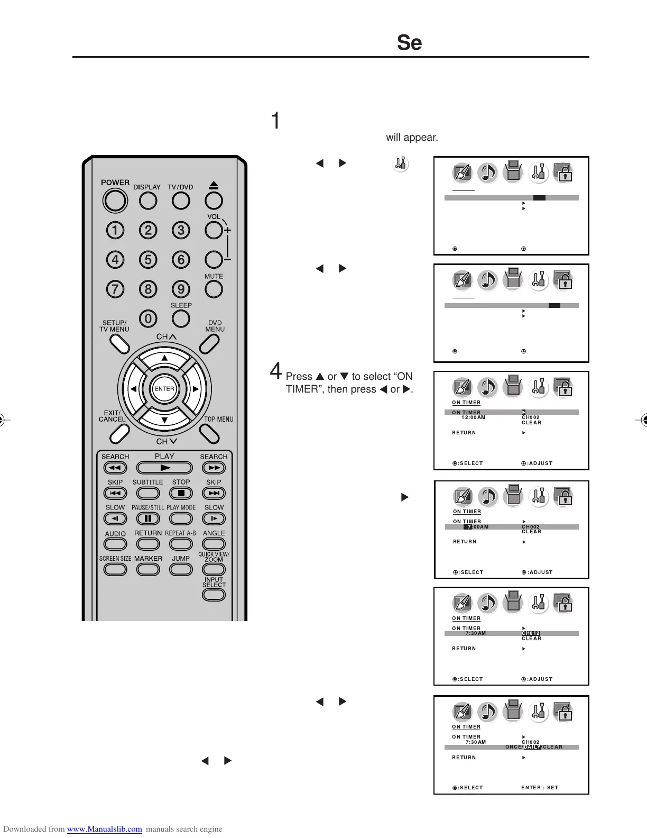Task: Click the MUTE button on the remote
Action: (214, 289)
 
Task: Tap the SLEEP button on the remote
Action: (181, 318)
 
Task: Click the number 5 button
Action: (148, 260)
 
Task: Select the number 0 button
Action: (148, 318)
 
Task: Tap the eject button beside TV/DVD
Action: (214, 201)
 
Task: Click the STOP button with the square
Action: (181, 493)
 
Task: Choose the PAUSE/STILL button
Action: (148, 518)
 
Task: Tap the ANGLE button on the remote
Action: (214, 544)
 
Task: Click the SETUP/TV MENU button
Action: (120, 344)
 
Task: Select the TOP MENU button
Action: (210, 434)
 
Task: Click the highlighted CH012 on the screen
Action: (531, 633)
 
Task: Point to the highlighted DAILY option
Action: (532, 747)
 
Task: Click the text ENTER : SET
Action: (540, 788)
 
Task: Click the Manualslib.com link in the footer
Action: (104, 829)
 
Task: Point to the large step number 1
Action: (275, 121)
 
